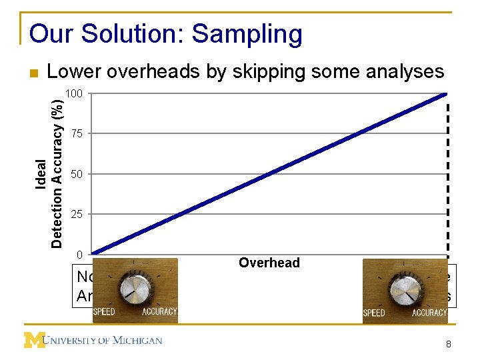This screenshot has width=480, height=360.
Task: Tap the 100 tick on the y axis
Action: [x=75, y=94]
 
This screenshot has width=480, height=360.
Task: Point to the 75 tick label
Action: [x=77, y=134]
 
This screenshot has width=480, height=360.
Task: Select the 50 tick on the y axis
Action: [x=77, y=174]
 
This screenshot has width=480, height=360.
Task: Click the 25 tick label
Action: [x=77, y=215]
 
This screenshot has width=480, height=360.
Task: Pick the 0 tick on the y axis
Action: [x=79, y=255]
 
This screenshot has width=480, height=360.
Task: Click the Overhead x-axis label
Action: [x=269, y=263]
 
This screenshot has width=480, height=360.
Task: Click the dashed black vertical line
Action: [x=448, y=180]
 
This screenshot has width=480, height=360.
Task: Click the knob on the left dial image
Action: [x=136, y=288]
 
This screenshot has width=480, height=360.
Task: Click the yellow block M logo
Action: [x=35, y=340]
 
